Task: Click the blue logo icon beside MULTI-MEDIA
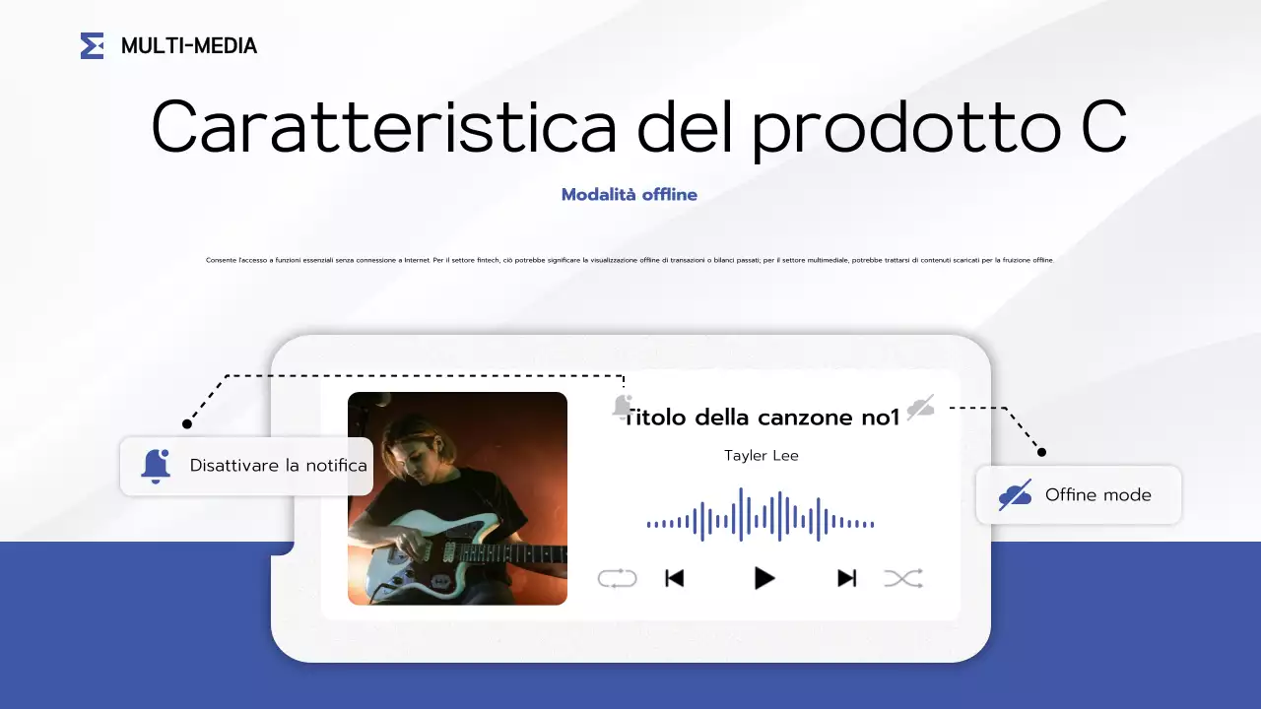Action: (92, 45)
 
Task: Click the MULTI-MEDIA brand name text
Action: (188, 45)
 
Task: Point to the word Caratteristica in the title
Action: (384, 126)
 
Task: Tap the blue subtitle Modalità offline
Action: (629, 194)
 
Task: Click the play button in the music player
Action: (763, 578)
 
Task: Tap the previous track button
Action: (674, 578)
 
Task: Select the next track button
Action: (846, 578)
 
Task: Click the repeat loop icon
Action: (617, 578)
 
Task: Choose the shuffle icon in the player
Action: (903, 578)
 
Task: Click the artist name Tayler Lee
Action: (761, 455)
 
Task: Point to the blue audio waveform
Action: (760, 515)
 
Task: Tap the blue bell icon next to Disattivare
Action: (156, 466)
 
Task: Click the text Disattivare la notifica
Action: (278, 466)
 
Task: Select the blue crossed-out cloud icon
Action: (1015, 494)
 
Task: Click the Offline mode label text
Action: (1097, 494)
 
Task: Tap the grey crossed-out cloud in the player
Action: (920, 408)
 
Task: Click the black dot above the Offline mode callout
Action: (1041, 452)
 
